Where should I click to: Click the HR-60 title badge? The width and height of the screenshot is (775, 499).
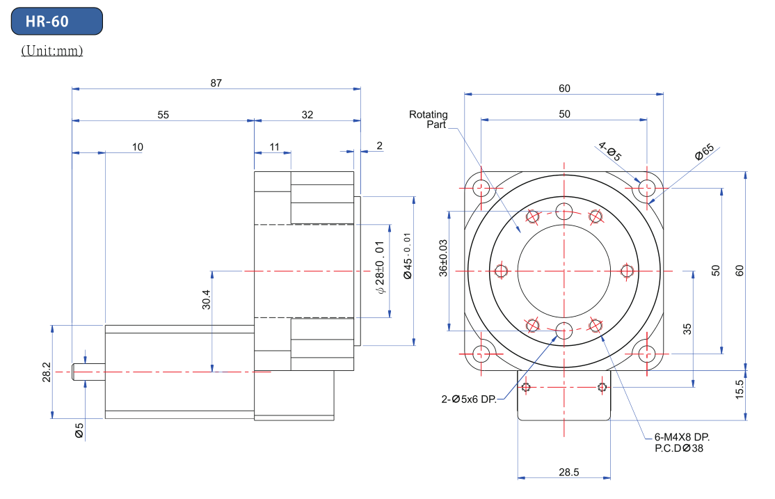57,22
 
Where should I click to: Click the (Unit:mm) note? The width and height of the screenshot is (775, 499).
52,51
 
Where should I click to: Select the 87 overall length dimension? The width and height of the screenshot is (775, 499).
216,83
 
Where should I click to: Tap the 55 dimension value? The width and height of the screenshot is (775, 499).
163,115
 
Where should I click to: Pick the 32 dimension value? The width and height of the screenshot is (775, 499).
307,115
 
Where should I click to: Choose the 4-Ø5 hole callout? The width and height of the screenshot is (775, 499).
609,151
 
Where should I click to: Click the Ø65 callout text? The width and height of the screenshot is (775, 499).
703,153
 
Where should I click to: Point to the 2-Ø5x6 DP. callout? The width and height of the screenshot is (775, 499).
469,399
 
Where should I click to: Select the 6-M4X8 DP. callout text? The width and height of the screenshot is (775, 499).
682,437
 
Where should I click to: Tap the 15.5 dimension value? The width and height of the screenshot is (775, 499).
740,388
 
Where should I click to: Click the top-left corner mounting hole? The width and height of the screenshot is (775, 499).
481,187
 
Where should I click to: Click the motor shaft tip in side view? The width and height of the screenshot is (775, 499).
77,372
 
